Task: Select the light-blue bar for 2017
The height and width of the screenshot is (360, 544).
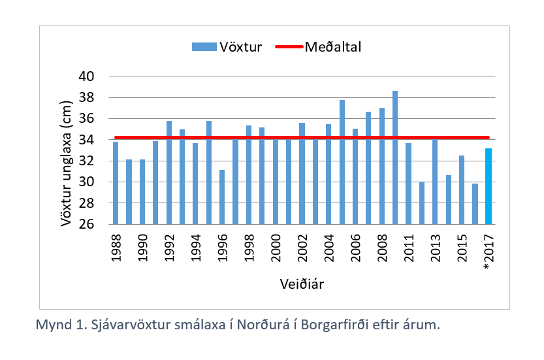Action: click(488, 187)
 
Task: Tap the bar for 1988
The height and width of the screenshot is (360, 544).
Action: click(116, 183)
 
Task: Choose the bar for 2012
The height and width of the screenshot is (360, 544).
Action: click(422, 203)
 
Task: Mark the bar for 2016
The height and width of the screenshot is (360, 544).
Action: click(475, 204)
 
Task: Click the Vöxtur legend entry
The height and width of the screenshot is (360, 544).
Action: click(228, 46)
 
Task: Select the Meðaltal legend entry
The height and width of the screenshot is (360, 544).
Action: click(320, 46)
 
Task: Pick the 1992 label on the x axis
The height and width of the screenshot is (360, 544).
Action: click(169, 246)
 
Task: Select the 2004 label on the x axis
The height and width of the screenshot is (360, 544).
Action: click(329, 246)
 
